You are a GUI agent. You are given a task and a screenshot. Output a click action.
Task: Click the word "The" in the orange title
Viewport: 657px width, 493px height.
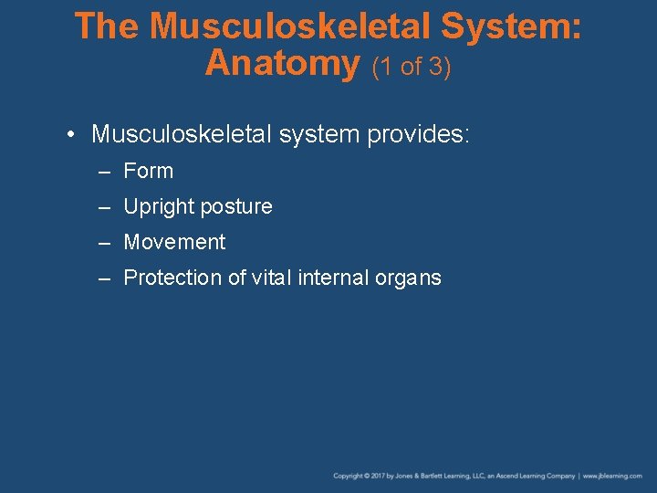click(x=108, y=26)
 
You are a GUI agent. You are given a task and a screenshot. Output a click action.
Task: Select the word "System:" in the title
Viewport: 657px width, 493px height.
click(x=509, y=26)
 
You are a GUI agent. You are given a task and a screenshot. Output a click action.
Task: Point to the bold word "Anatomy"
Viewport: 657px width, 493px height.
click(x=283, y=63)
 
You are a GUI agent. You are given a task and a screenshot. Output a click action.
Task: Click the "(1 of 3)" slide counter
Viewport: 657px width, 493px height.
click(x=411, y=66)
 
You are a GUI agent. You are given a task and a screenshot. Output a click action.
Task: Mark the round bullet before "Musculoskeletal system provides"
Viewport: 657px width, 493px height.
click(x=71, y=136)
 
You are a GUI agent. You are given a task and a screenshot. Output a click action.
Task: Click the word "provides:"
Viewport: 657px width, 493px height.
click(x=418, y=135)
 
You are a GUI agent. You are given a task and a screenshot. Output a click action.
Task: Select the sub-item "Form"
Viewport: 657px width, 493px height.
click(x=148, y=171)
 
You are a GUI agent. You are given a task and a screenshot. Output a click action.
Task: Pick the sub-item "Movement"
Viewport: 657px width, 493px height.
click(x=174, y=242)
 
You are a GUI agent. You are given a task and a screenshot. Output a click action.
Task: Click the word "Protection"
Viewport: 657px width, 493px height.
click(x=171, y=278)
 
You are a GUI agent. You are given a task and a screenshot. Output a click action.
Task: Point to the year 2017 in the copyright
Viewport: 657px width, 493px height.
click(x=373, y=476)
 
